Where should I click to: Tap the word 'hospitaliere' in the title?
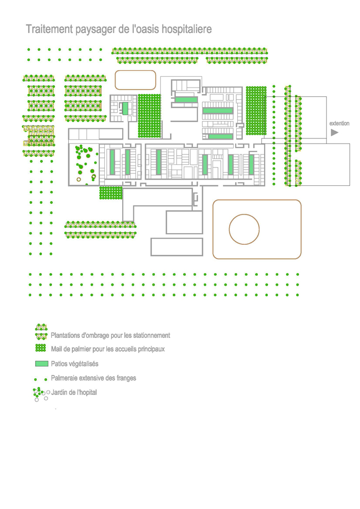point(186,30)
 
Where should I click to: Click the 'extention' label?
point(339,124)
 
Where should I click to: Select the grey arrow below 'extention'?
point(335,133)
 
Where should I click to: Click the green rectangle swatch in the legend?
point(42,364)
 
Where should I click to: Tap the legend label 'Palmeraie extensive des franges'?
point(93,378)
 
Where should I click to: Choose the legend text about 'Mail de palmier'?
point(107,349)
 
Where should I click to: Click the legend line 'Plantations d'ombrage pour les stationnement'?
point(110,335)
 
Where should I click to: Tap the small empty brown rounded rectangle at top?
point(135,80)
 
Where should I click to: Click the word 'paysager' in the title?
point(94,31)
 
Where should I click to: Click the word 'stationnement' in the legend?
point(151,335)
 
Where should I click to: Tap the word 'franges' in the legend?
point(125,378)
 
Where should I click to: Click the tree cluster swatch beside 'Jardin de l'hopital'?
point(40,393)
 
